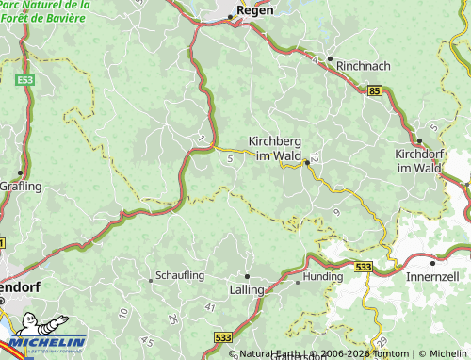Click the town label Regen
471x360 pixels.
tap(255, 10)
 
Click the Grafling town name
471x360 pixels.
tap(22, 186)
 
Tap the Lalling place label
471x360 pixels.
tap(248, 291)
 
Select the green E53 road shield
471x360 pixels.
tap(25, 81)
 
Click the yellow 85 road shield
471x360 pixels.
tap(376, 90)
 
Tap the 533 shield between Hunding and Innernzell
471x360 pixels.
tap(364, 267)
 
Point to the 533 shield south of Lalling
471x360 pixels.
tap(222, 335)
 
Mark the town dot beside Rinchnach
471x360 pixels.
tap(330, 58)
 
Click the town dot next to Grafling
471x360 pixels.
tap(20, 172)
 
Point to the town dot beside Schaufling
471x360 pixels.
tap(151, 279)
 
